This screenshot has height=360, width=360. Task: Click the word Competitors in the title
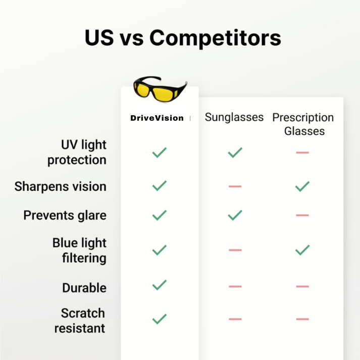215,38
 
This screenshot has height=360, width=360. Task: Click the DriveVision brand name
157,118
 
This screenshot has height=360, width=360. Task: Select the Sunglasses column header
234,117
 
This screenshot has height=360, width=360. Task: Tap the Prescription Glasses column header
303,124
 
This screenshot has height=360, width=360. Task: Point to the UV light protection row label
77,152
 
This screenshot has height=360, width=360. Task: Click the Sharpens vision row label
61,186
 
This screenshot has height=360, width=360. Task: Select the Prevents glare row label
65,216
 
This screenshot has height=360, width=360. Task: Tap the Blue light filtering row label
79,250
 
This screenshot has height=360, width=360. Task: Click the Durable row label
84,288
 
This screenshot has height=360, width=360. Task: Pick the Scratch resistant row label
80,321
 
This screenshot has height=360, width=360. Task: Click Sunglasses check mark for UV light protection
235,152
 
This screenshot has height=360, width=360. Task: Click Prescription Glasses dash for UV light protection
302,152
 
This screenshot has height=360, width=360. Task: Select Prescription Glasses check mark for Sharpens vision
302,186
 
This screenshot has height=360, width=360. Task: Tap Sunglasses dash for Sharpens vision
235,186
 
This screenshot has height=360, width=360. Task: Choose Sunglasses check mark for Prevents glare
235,216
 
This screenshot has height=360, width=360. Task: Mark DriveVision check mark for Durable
160,285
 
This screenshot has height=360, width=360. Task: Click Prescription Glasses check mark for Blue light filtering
302,250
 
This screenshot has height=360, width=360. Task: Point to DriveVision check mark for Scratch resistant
160,319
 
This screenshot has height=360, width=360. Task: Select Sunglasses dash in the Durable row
235,286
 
